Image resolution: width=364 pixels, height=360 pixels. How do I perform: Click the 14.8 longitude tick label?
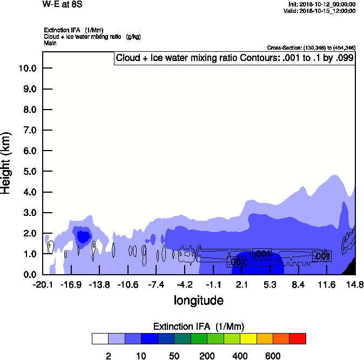coord(355,284)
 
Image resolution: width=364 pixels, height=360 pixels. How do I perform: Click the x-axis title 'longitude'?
coord(198,300)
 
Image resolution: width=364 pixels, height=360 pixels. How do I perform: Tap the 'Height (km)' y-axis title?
coord(6,162)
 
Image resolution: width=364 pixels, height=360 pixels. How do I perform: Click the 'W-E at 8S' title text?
coord(63,4)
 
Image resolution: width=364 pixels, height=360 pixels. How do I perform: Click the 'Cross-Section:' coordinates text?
coord(311,47)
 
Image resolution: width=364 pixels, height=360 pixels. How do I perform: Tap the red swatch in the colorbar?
coord(298,338)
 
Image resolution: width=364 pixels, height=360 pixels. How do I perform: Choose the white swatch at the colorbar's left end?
coord(100,338)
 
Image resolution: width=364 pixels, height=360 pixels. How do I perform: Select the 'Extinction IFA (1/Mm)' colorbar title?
coord(199,327)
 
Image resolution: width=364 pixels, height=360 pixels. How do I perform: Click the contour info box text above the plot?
coord(235,58)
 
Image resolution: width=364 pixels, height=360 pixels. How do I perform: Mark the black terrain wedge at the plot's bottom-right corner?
coord(351,268)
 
